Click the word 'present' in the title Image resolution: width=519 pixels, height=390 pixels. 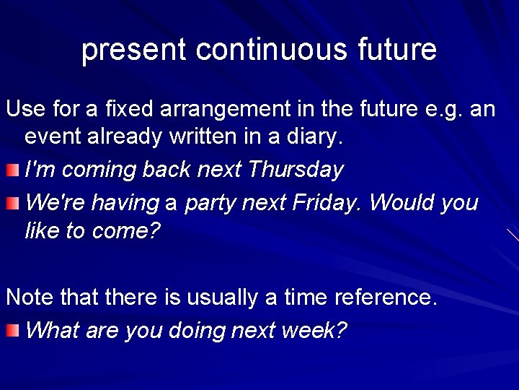(134, 50)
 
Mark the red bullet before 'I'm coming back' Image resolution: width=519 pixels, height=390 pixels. (12, 170)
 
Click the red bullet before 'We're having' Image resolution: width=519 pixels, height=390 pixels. (12, 204)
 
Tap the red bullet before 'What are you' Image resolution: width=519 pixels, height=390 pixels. (12, 331)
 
